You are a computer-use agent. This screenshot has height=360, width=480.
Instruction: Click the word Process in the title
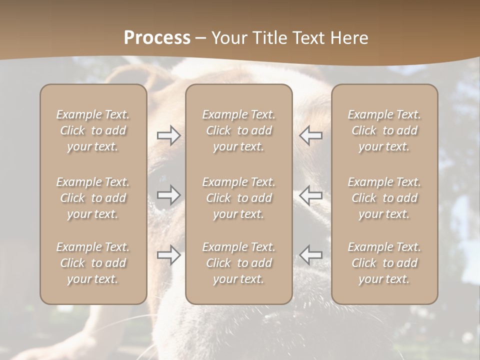pos(157,37)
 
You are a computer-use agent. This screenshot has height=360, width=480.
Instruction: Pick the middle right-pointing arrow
pos(168,195)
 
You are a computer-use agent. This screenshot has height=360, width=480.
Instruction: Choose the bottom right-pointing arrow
pos(168,255)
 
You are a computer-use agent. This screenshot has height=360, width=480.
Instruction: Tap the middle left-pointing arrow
pos(311,195)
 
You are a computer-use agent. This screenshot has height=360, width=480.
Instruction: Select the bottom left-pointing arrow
pos(311,255)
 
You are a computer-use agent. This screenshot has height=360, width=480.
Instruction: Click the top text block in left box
pos(93,130)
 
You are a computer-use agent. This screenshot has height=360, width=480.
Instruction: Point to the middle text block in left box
pos(93,198)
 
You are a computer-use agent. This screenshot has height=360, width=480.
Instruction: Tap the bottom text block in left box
pos(93,263)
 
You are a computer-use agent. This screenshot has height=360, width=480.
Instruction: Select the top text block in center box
pos(239,130)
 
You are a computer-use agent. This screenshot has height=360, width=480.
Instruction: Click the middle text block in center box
pos(239,198)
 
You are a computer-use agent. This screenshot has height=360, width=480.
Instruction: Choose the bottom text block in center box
pos(239,263)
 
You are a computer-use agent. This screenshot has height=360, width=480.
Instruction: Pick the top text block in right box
pos(384,130)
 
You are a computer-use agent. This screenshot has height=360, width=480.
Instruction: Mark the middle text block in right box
pos(384,198)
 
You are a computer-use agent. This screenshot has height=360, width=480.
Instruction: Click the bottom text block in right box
pos(384,263)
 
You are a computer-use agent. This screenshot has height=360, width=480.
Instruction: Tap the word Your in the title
pos(228,37)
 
